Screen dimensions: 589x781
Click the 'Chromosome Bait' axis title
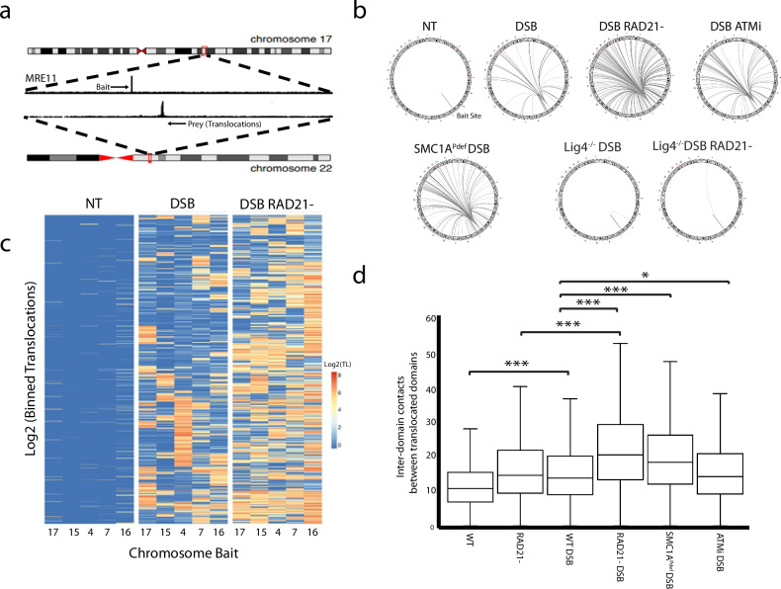167,566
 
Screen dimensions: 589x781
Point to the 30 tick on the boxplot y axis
433,422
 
